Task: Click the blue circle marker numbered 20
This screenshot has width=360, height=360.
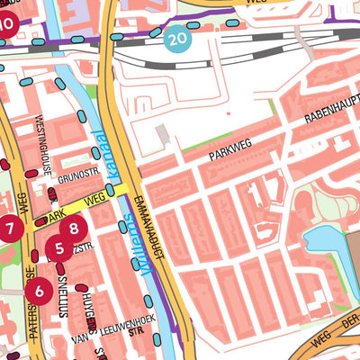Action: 177,38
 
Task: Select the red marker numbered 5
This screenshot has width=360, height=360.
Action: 59,248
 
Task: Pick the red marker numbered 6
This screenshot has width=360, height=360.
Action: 39,291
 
